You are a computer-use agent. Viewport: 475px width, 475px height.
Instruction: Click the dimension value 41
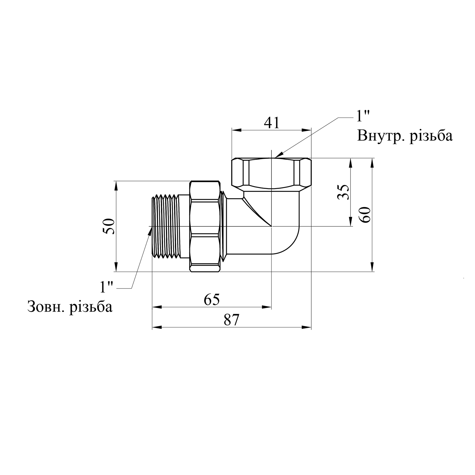[272, 123]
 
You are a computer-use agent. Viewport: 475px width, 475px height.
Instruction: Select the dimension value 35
[343, 192]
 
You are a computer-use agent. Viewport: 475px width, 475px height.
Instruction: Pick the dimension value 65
[212, 300]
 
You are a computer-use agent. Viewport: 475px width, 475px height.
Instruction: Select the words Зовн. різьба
[70, 307]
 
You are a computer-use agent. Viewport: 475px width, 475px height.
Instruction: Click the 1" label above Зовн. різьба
[106, 287]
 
